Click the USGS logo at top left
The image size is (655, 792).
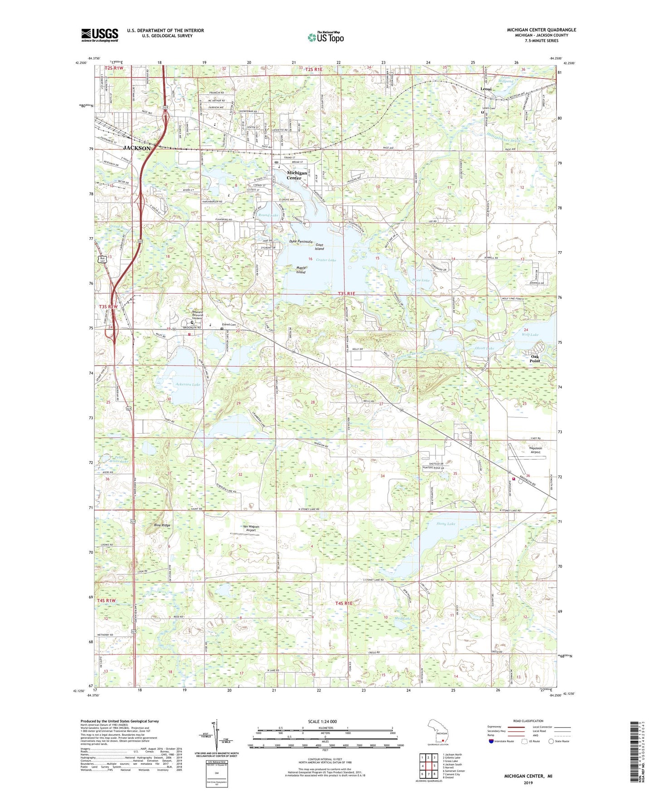click(x=100, y=34)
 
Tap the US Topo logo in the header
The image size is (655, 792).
click(x=325, y=37)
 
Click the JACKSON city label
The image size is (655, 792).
click(x=137, y=148)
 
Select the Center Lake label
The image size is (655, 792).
click(x=326, y=260)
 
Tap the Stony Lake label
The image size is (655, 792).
click(x=446, y=524)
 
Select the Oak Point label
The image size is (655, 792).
click(x=535, y=359)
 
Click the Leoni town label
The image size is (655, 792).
click(x=486, y=89)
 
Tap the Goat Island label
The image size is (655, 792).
click(x=320, y=247)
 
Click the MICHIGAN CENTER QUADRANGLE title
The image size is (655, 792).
click(x=541, y=30)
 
